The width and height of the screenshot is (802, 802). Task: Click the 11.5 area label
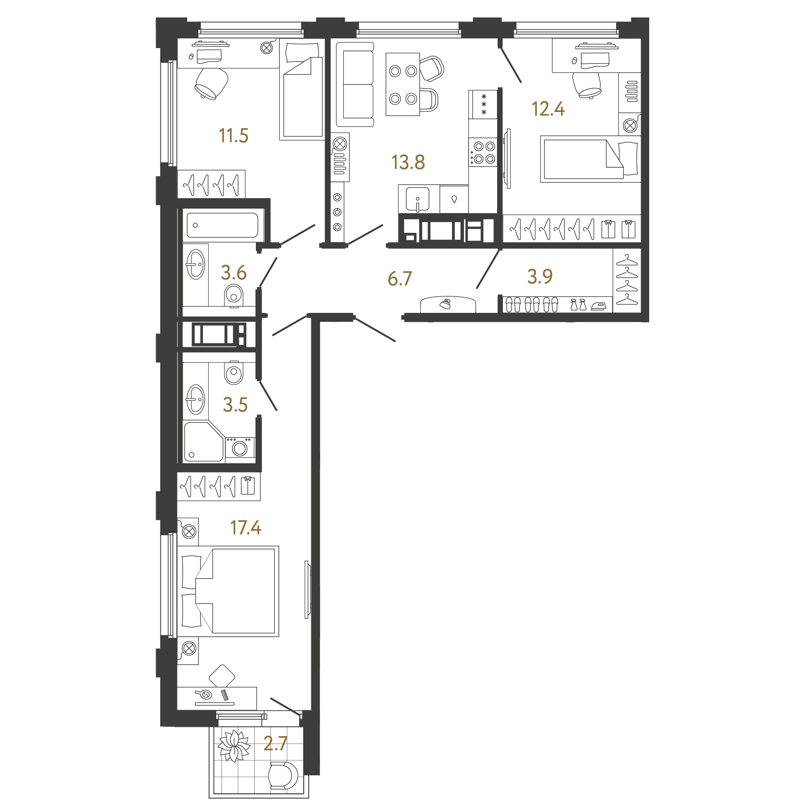pos(233,136)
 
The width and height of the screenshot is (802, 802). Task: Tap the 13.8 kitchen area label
pos(408,163)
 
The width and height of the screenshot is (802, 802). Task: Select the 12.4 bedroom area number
pos(548,109)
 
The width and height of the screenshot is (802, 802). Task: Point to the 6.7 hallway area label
pos(400,279)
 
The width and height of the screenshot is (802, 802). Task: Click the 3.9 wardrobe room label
pos(540,276)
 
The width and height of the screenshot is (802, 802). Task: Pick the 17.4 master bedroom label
pos(245,528)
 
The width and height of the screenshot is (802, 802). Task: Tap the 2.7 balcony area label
pos(275,743)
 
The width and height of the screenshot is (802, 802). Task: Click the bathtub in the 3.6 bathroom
pos(222,226)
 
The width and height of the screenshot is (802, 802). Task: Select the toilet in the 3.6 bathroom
pos(234,295)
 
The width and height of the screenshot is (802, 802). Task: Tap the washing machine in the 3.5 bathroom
pos(240,448)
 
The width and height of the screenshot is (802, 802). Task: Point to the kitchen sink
pos(418,199)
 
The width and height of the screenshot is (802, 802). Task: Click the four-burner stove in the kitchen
pos(483,152)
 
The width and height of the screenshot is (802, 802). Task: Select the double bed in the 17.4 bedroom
pos(228,591)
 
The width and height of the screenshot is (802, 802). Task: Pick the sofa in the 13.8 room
pos(355,84)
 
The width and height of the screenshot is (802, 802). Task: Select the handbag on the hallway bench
pos(445,304)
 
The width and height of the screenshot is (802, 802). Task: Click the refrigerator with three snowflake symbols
pos(483,104)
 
